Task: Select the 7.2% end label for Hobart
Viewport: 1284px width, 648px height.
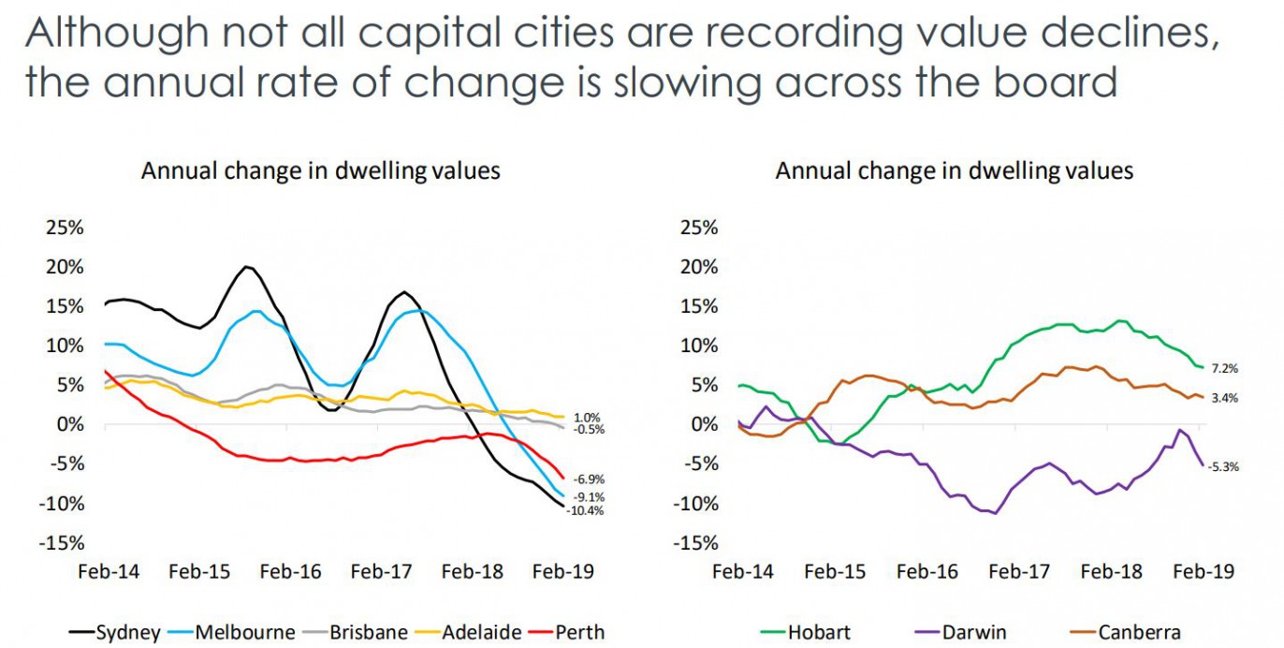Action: pos(1224,369)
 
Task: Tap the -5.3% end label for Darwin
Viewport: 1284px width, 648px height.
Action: pos(1223,466)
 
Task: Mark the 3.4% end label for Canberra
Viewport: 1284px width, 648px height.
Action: pos(1224,398)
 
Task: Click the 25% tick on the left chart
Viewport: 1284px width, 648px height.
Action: pos(62,228)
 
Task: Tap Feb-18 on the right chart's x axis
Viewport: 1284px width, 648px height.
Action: pos(1113,571)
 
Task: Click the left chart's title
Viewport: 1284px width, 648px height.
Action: pos(320,170)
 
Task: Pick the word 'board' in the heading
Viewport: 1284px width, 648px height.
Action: pos(1055,82)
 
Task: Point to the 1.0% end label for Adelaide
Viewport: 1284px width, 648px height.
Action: pos(588,418)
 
